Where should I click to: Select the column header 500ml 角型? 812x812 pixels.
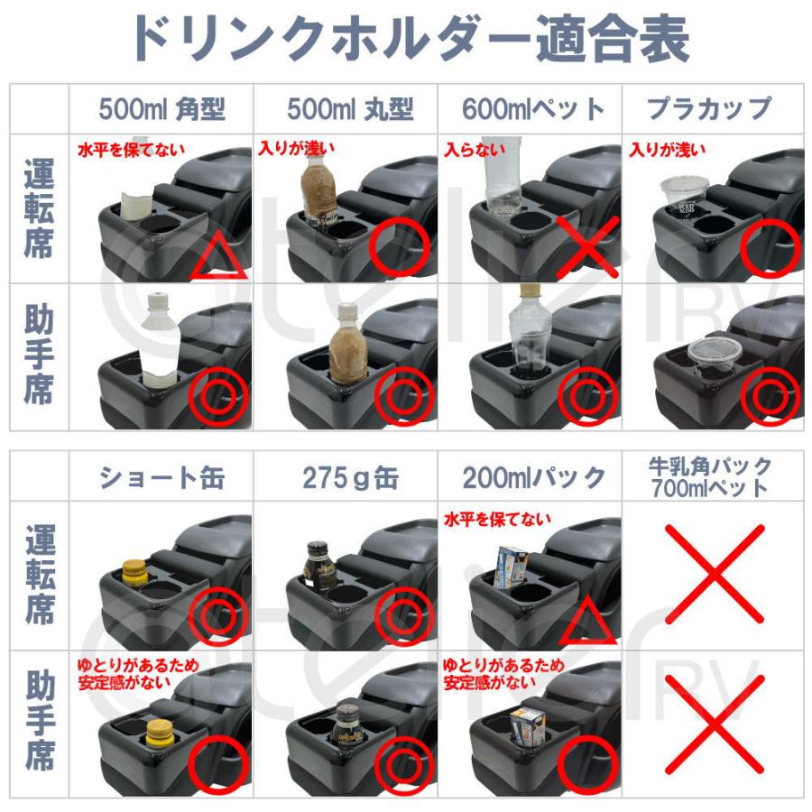(x=161, y=109)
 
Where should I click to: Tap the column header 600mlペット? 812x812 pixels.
(x=532, y=109)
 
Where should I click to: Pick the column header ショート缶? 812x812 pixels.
(x=161, y=476)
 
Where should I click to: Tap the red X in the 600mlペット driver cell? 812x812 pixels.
(x=586, y=246)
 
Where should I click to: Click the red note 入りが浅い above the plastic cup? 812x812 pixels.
(x=668, y=149)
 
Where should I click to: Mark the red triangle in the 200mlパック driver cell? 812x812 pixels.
(x=587, y=622)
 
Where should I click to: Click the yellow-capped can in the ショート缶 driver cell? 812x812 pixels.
(x=136, y=570)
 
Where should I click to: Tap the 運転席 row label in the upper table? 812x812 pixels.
(x=39, y=210)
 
